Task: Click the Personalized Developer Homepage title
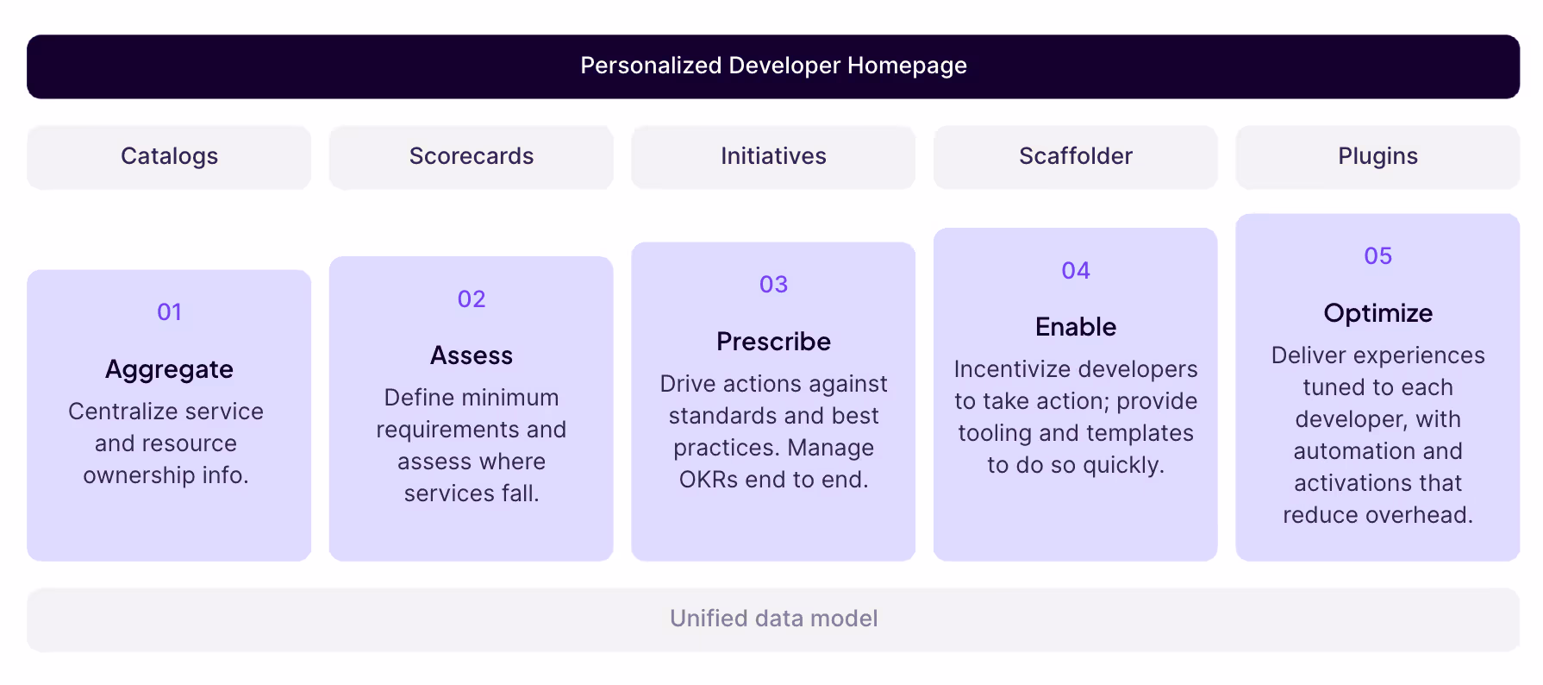773,66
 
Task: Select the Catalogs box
169,157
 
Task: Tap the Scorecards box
471,157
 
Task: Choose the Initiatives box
773,157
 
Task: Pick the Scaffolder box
1075,157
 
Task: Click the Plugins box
1377,157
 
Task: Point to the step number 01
169,312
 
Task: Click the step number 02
472,299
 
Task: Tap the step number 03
773,285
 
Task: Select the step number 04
1076,271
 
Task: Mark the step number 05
1377,256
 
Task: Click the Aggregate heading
169,370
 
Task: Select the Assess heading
472,355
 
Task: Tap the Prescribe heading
773,342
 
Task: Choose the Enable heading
1076,327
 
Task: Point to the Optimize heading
1377,313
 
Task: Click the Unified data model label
773,619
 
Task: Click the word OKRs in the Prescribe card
709,480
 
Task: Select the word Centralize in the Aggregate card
118,412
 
